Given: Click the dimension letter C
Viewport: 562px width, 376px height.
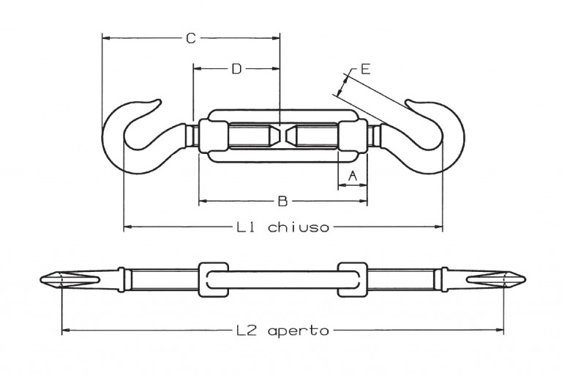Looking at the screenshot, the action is pyautogui.click(x=191, y=38).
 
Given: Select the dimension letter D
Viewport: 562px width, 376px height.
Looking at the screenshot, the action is pyautogui.click(x=236, y=69).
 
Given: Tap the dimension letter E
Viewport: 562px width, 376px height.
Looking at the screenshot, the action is pyautogui.click(x=365, y=69).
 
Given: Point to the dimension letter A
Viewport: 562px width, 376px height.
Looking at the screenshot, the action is pyautogui.click(x=353, y=176).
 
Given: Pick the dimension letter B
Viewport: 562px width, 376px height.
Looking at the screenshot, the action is pyautogui.click(x=282, y=202).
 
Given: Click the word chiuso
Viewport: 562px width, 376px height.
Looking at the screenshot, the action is pyautogui.click(x=299, y=227).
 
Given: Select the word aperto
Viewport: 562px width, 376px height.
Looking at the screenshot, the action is pyautogui.click(x=299, y=331).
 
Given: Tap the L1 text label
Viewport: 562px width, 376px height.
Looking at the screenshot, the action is pyautogui.click(x=245, y=227).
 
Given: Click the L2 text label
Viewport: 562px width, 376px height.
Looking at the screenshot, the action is pyautogui.click(x=246, y=331).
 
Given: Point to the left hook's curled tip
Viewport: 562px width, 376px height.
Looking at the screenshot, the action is pyautogui.click(x=158, y=102).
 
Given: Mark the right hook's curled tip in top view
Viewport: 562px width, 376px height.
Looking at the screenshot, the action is pyautogui.click(x=409, y=102).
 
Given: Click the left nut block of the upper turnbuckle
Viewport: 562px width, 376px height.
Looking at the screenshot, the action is pyautogui.click(x=213, y=137).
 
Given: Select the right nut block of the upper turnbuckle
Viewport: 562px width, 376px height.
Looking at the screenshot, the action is pyautogui.click(x=353, y=137).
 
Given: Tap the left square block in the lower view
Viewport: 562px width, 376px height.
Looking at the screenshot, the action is pyautogui.click(x=213, y=279).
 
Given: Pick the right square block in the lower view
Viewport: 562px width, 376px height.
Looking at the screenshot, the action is pyautogui.click(x=353, y=279).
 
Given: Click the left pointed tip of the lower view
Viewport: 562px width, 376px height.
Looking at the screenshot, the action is pyautogui.click(x=40, y=279).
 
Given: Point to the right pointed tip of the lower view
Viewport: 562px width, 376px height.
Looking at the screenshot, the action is pyautogui.click(x=525, y=279).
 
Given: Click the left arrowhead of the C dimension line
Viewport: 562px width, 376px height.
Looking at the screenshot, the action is pyautogui.click(x=105, y=37).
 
